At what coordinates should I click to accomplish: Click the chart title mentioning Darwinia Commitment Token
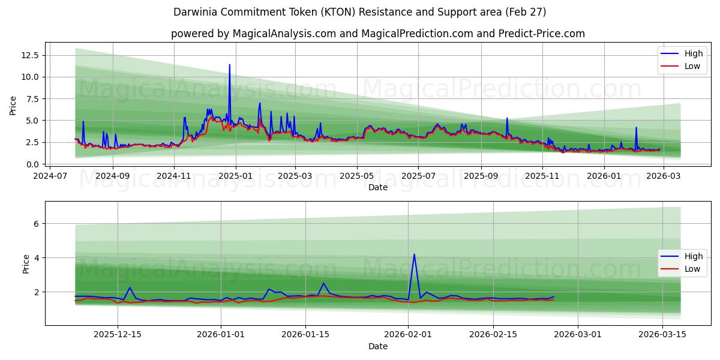pos(360,12)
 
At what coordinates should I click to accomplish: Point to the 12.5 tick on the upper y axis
pos(29,55)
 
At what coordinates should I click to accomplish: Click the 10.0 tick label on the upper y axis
pos(29,77)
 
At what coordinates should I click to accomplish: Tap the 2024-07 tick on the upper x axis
pos(50,176)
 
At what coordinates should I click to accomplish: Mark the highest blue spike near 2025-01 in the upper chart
pos(229,65)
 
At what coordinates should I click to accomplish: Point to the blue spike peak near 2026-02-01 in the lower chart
pos(414,254)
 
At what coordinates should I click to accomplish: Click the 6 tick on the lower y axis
pos(36,224)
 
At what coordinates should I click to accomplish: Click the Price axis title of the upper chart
pos(13,106)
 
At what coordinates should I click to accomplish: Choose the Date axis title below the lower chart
pos(378,346)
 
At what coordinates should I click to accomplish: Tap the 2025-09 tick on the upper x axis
pos(481,176)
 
